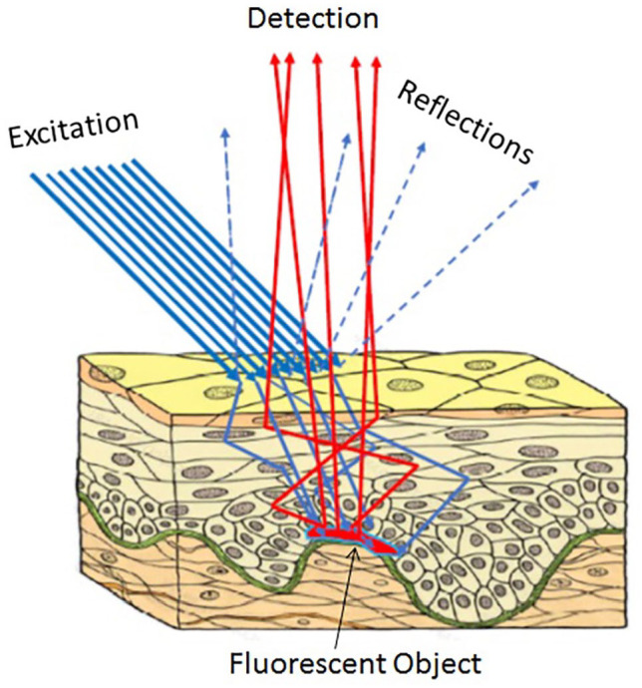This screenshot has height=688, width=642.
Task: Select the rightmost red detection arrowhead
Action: [x=376, y=61]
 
